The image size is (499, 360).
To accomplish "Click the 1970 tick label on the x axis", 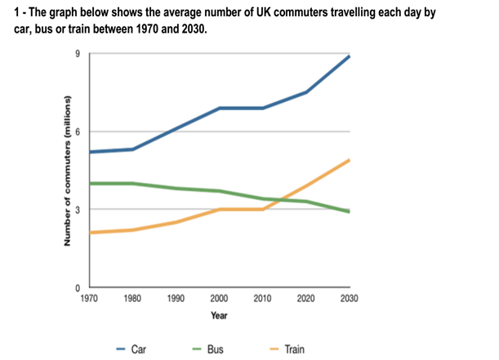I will pos(89,298).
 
